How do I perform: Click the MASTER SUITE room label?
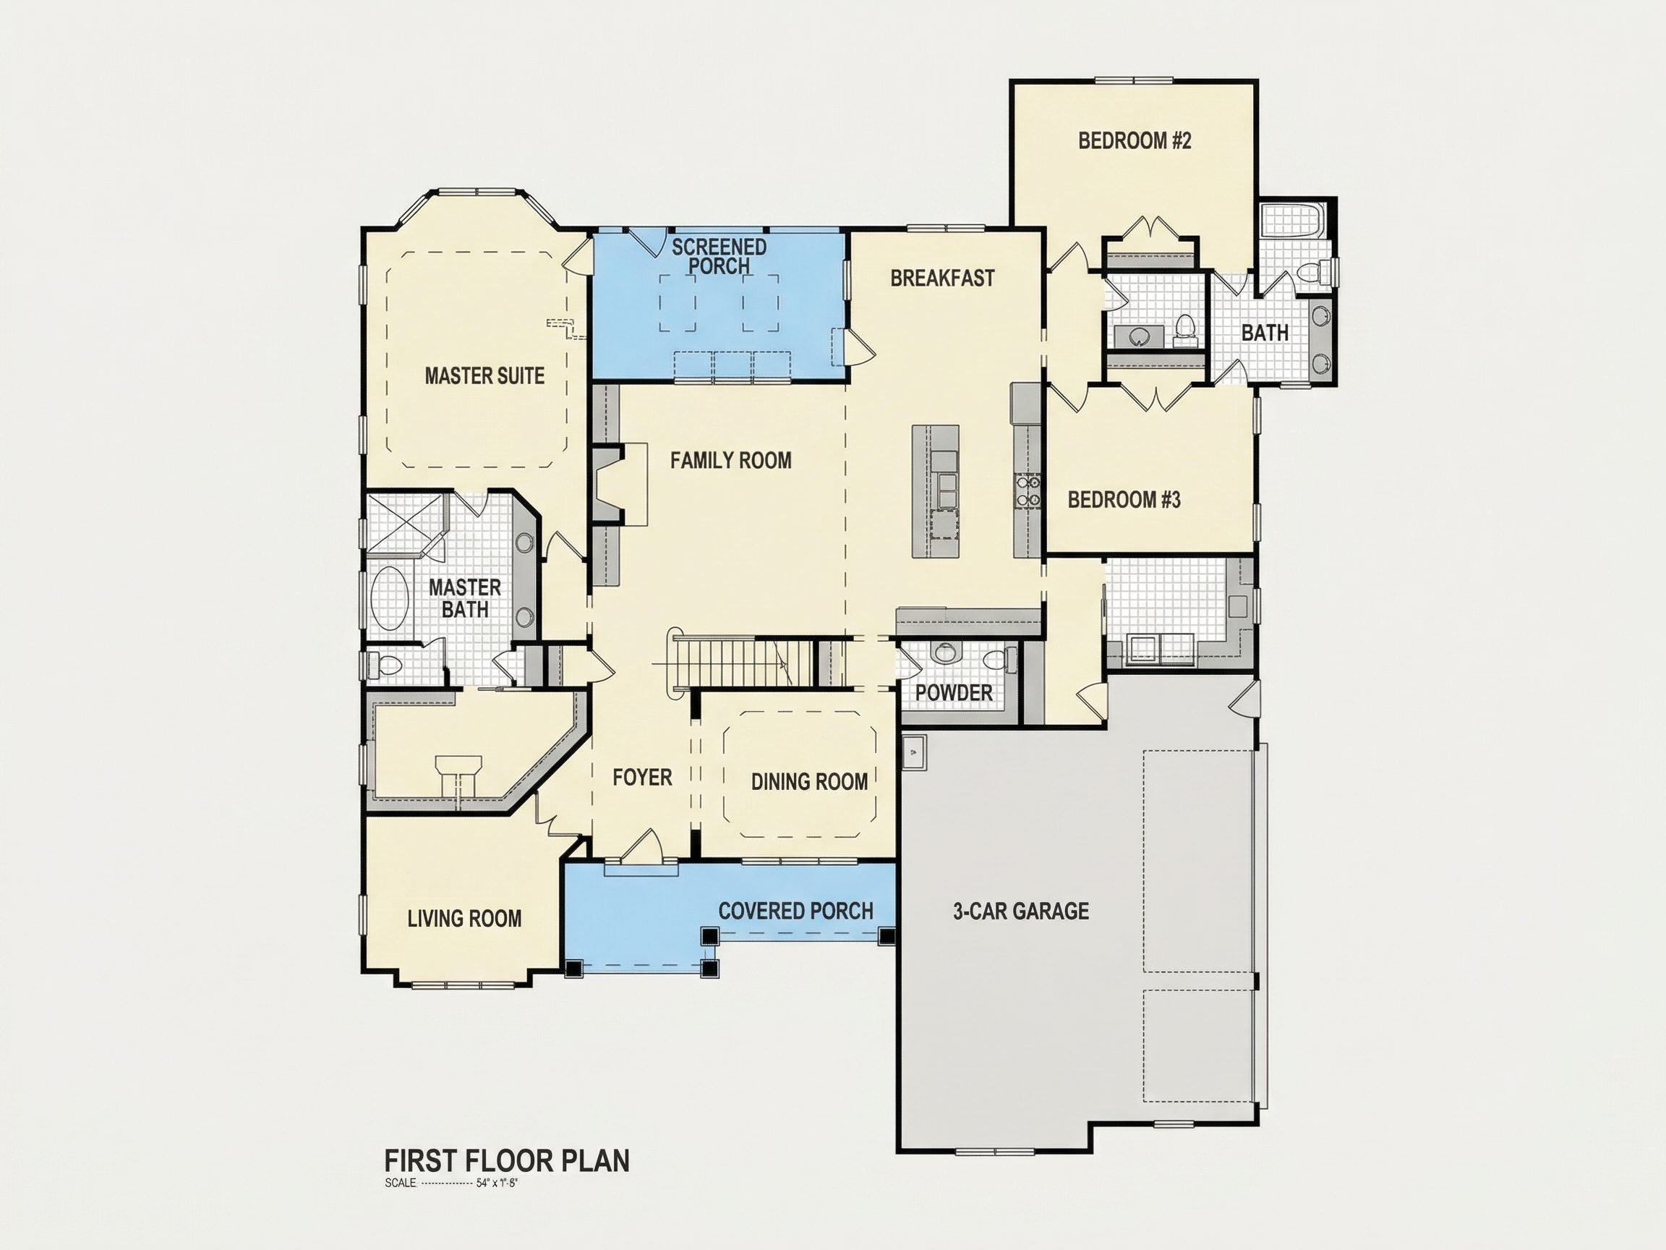[x=484, y=375]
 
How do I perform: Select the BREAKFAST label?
[x=942, y=278]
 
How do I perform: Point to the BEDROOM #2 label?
[x=1135, y=141]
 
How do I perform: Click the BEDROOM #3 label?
[x=1124, y=500]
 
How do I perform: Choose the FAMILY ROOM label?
[x=730, y=460]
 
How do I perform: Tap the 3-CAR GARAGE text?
[x=1020, y=911]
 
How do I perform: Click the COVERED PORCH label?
[x=795, y=911]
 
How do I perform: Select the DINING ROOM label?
[x=809, y=781]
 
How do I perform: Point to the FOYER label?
[x=641, y=777]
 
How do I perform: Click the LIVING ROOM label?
[x=464, y=919]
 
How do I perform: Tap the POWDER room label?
[x=954, y=692]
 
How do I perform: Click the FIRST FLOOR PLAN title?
[x=507, y=1161]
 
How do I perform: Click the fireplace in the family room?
[x=619, y=485]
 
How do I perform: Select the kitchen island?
[x=936, y=491]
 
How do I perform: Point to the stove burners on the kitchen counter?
[x=1028, y=490]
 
